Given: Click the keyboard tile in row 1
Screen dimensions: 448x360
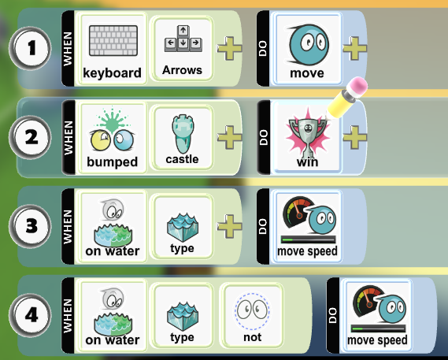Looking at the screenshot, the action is tap(113, 49).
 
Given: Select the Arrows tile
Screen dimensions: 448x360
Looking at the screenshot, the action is tap(182, 49).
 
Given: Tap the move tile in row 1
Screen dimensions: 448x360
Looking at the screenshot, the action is tap(307, 49).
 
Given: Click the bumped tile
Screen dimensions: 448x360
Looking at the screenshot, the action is tap(113, 138).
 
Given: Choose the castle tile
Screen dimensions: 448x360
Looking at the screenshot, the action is tap(182, 138).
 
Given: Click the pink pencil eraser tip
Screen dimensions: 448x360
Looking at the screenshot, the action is tap(358, 84).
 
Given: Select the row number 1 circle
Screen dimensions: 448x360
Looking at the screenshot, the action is tap(30, 48).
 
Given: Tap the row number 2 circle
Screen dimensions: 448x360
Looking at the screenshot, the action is tap(30, 137).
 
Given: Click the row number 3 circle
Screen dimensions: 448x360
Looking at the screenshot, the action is tap(30, 226).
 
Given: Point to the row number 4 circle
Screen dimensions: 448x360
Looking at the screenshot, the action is tap(30, 315).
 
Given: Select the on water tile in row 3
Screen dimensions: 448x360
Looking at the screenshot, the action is tap(113, 227).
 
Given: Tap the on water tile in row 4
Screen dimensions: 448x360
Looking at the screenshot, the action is tap(113, 316).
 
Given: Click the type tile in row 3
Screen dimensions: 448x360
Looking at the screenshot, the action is tap(182, 227).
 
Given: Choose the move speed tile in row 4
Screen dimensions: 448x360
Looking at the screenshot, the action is tap(377, 316).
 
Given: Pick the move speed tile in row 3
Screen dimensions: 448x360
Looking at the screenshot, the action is tap(307, 227).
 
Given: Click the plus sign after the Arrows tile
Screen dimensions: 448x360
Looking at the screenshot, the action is tap(229, 48).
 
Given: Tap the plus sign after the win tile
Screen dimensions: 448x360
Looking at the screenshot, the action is tap(354, 138).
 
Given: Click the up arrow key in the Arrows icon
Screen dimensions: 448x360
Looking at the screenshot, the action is tap(183, 31).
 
